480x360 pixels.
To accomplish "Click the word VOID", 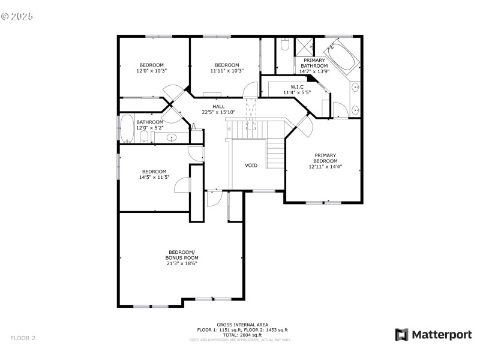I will (251, 165).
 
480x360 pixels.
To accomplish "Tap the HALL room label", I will (218, 106).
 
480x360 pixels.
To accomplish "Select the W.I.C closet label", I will (297, 87).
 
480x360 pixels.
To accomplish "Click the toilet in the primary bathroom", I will (285, 44).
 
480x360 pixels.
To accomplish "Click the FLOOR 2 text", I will (23, 338).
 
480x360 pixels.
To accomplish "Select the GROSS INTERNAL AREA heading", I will (242, 325).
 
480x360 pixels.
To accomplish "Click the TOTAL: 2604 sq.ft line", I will (242, 335).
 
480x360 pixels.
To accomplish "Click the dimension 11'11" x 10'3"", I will (227, 71).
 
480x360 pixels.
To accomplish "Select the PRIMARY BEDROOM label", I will (326, 158).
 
